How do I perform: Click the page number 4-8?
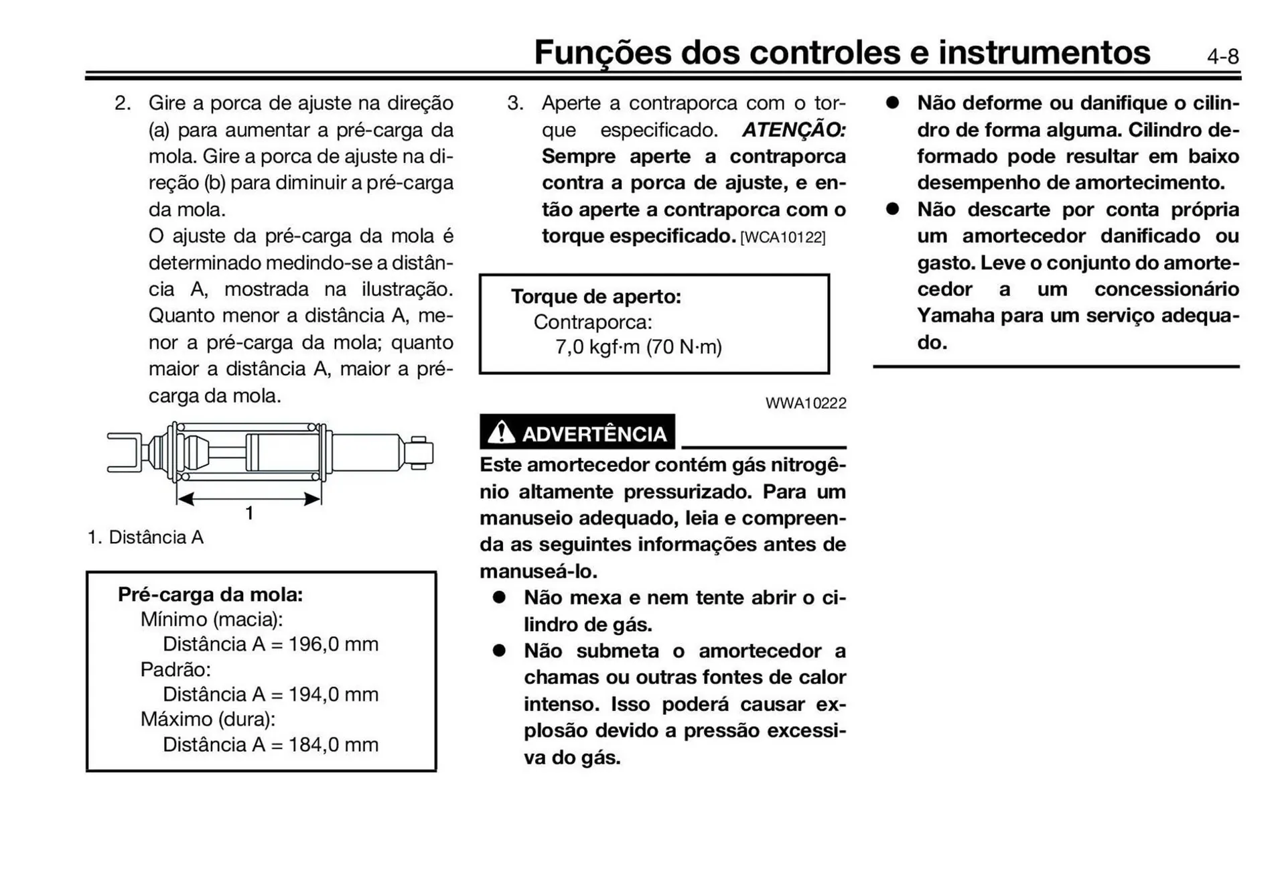coord(1222,57)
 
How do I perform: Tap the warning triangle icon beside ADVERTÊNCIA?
coord(501,433)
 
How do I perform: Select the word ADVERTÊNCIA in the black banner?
coord(594,434)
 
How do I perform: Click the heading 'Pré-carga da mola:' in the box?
coord(210,595)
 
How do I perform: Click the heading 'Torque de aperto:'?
coord(595,297)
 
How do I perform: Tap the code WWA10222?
coord(806,403)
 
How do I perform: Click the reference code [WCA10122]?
coord(782,238)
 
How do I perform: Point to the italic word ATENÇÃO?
coord(794,130)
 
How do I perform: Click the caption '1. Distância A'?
coord(145,537)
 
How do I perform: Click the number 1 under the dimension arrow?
coord(249,514)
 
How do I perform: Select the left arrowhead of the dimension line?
coord(186,498)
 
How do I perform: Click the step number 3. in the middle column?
coord(515,103)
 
